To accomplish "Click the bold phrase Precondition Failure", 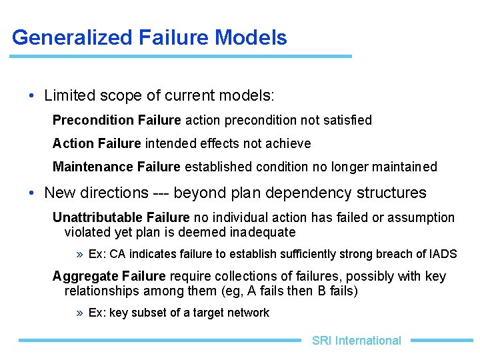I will click(117, 121).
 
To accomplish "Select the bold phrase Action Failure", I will click(97, 143).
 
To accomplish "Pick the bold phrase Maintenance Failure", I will click(116, 167).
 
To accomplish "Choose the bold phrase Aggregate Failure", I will click(109, 277).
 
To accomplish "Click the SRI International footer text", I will click(357, 341).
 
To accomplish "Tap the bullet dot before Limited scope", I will click(32, 96).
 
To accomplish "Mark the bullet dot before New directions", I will click(32, 193).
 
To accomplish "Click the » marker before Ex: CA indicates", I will click(80, 255).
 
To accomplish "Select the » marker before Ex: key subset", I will click(80, 313).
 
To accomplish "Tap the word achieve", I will click(290, 143).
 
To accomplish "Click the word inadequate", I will click(263, 233).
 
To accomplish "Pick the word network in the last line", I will click(249, 313).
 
